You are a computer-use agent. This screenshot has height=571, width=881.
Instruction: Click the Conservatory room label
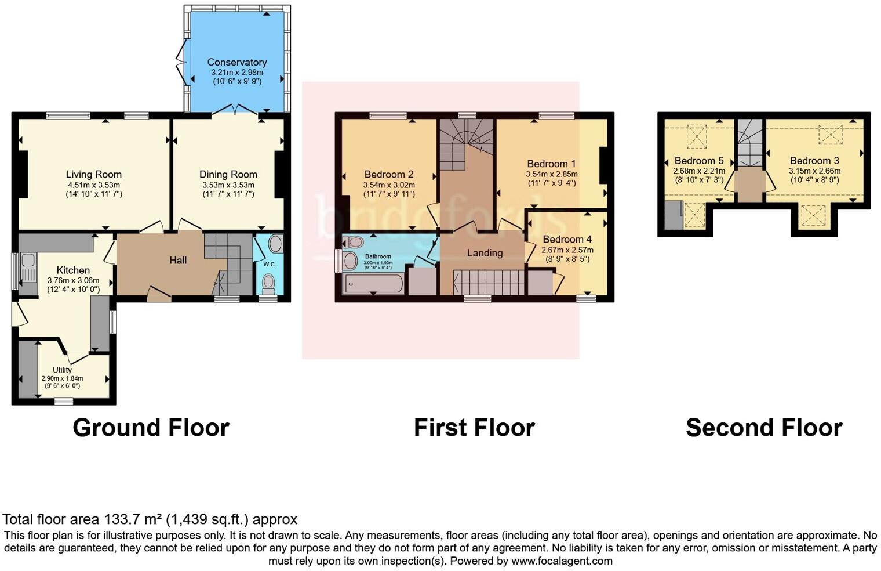pos(236,62)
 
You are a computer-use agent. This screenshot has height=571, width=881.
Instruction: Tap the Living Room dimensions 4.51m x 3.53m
pos(93,185)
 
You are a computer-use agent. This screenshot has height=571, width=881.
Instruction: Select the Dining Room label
pos(228,174)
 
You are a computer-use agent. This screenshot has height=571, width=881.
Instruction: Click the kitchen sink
pos(28,266)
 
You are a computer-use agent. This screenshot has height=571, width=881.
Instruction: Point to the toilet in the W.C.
pos(268,283)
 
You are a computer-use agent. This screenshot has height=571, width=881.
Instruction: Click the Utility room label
pos(62,370)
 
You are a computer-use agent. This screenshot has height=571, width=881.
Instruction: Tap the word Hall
pos(178,260)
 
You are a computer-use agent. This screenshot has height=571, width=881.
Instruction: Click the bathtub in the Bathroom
pos(373,284)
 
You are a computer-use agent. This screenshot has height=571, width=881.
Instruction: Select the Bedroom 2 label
pos(388,174)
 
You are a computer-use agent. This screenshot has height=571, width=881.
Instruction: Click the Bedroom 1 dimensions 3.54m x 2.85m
pos(551,174)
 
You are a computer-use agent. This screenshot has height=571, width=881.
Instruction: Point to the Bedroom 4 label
pos(567,239)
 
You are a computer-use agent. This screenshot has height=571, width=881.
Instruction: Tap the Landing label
pos(485,252)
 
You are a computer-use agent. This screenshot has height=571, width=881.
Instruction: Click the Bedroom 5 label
pos(698,161)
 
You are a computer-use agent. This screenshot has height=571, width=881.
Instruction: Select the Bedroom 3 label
pos(814,161)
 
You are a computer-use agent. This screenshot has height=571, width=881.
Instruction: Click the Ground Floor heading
pos(151,428)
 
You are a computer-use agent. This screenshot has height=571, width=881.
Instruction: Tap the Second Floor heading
pos(763,428)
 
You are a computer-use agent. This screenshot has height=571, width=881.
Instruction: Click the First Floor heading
pos(474,428)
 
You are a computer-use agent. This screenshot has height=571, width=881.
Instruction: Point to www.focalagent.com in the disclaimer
pos(562,561)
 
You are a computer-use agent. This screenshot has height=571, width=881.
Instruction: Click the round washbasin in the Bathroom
pos(350,261)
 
